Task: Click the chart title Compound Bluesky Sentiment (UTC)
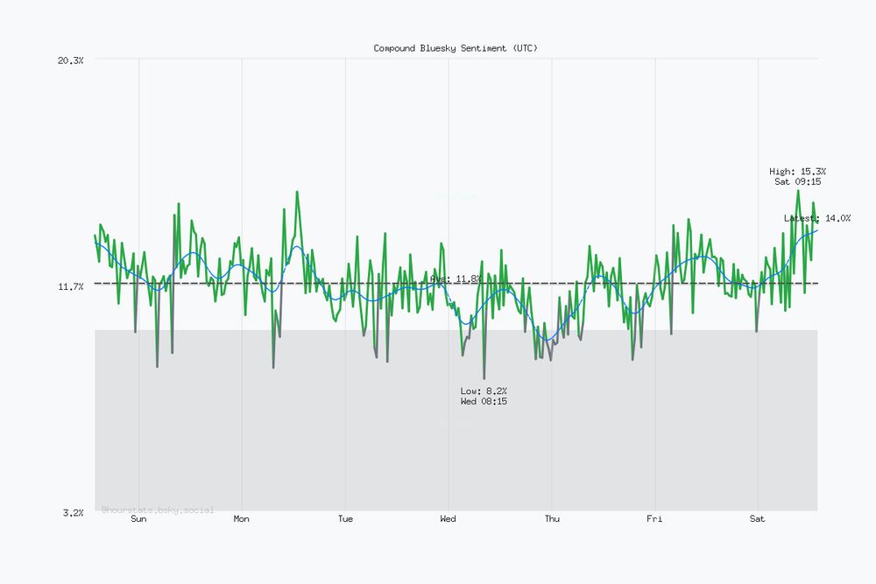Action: tap(456, 48)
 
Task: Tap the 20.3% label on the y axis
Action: tap(70, 60)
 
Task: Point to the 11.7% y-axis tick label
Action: tap(70, 286)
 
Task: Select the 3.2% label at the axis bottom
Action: tap(73, 512)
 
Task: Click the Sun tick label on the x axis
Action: tap(138, 519)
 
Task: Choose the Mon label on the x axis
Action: tap(241, 519)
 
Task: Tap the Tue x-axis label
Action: tap(345, 519)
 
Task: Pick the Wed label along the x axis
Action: tap(448, 519)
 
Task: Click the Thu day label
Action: tap(552, 519)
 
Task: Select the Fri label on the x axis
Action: tap(654, 519)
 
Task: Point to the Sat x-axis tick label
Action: tap(758, 519)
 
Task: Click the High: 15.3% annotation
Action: tap(797, 172)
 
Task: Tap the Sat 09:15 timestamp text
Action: tap(797, 182)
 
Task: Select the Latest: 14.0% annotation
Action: tap(816, 218)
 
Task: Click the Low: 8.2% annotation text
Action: tap(484, 391)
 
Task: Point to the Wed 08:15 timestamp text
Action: tap(484, 401)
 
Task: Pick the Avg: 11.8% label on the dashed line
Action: tap(456, 278)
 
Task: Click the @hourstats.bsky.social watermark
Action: tap(158, 510)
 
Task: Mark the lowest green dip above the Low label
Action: tap(484, 378)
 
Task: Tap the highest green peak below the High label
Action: tap(797, 191)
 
